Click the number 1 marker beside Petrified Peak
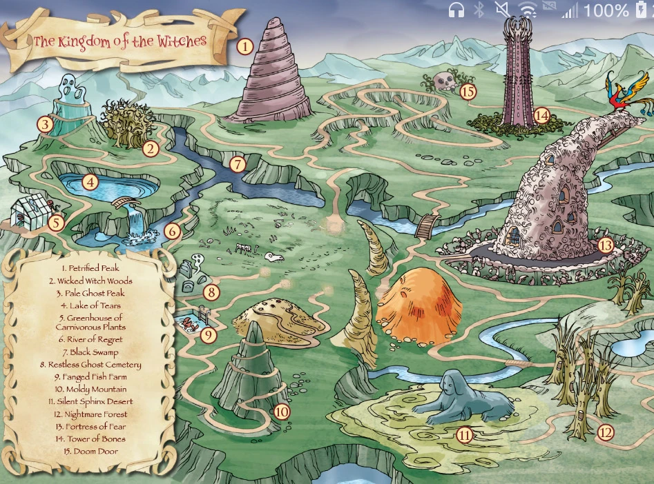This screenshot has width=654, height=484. pos(244,47)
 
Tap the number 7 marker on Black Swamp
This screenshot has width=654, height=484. pos(238,165)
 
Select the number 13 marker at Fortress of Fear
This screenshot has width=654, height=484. pos(605,245)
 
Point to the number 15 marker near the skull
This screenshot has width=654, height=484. pos(468,91)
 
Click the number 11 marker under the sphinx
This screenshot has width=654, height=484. pos(465,434)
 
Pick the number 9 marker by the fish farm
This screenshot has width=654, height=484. pos(208,335)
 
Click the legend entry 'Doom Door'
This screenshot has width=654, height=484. pos(90,452)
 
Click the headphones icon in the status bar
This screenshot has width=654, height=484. pos(456,10)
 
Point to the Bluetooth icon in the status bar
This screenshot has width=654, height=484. pos(479,10)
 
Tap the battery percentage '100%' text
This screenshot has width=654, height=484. pos(606,10)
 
